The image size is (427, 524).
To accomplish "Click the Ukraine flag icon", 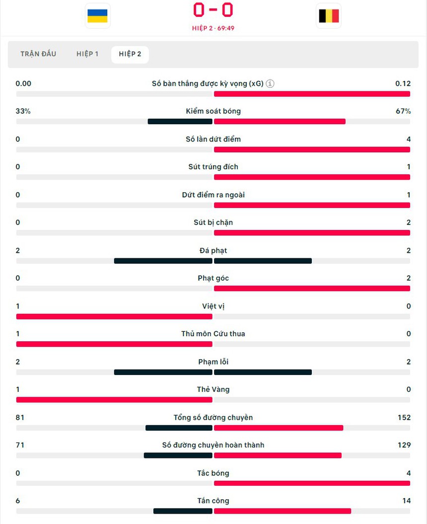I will click(x=97, y=16).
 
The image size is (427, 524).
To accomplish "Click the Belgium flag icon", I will click(x=329, y=16).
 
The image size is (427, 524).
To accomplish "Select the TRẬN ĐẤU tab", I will click(x=38, y=54).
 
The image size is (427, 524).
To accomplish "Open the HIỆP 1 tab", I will click(x=87, y=54).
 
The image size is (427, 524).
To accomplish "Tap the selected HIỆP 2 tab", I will click(x=130, y=54).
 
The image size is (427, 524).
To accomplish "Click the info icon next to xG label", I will click(x=270, y=83).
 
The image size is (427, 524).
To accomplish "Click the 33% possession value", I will click(x=23, y=111).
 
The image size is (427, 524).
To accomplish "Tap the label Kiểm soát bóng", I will click(x=213, y=111).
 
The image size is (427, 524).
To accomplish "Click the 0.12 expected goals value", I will click(x=403, y=83).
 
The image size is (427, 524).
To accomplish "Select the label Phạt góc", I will click(x=213, y=278).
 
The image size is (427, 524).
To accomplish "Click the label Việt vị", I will click(x=213, y=306).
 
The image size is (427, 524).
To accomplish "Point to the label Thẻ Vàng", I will click(x=213, y=389).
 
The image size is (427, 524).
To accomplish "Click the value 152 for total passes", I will click(x=404, y=417).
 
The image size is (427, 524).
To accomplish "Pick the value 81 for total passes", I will click(x=20, y=417).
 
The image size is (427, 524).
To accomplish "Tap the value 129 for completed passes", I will click(x=404, y=445).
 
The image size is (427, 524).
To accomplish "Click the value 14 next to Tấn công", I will click(x=406, y=501).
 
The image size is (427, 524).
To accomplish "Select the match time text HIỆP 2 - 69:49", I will click(x=213, y=28).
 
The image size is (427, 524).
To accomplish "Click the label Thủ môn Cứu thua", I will click(x=213, y=334).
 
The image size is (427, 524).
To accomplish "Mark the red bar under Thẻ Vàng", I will click(x=114, y=400).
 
